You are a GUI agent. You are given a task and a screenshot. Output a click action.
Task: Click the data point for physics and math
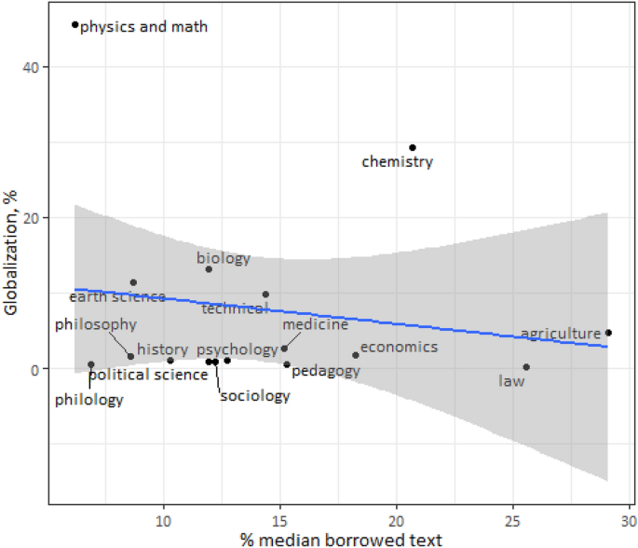(75, 25)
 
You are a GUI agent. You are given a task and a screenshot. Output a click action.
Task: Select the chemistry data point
(413, 147)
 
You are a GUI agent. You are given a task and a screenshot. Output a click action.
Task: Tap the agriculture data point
(608, 333)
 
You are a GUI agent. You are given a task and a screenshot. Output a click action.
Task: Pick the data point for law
(526, 367)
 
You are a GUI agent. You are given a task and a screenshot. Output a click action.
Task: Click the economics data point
(356, 355)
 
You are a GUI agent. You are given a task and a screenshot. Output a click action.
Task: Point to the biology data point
(209, 269)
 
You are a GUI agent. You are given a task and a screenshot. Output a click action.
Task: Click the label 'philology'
(88, 400)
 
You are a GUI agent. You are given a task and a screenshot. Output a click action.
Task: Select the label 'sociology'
(255, 396)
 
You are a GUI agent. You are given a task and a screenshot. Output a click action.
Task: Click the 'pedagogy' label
(326, 371)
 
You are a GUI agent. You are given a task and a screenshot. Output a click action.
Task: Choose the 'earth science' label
(117, 297)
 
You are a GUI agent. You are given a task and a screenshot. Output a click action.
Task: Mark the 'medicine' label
(315, 324)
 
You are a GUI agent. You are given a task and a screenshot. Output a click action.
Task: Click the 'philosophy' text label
(96, 324)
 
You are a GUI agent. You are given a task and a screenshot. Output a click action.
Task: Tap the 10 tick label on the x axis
(164, 519)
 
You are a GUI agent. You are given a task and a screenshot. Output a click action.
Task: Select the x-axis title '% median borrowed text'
(339, 538)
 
